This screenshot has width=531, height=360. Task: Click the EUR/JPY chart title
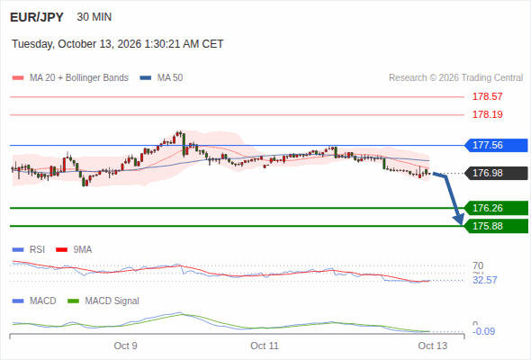pyautogui.click(x=37, y=17)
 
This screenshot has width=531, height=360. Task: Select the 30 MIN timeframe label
pyautogui.click(x=94, y=17)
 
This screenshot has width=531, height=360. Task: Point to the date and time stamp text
pyautogui.click(x=118, y=44)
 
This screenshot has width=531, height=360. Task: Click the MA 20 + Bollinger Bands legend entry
pyautogui.click(x=70, y=78)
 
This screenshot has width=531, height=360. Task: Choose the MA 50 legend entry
pyautogui.click(x=161, y=78)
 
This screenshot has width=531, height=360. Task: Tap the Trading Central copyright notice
pyautogui.click(x=455, y=78)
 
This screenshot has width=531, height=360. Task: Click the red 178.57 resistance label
pyautogui.click(x=487, y=96)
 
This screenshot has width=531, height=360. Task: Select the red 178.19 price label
pyautogui.click(x=487, y=114)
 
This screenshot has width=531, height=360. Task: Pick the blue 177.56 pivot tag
pyautogui.click(x=496, y=145)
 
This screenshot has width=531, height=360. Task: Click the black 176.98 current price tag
pyautogui.click(x=496, y=173)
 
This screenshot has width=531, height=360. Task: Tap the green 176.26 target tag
pyautogui.click(x=496, y=208)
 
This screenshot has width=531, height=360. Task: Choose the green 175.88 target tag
pyautogui.click(x=496, y=226)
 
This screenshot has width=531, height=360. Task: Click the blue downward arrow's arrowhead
pyautogui.click(x=460, y=220)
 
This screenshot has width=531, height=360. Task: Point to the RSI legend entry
pyautogui.click(x=29, y=249)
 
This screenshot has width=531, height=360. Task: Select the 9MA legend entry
pyautogui.click(x=74, y=249)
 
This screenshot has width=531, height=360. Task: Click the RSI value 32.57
pyautogui.click(x=485, y=280)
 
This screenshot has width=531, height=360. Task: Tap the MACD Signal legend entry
pyautogui.click(x=103, y=301)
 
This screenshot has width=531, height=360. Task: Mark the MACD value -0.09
pyautogui.click(x=483, y=331)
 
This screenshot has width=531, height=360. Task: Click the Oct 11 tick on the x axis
pyautogui.click(x=265, y=346)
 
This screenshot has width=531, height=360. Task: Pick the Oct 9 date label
pyautogui.click(x=125, y=346)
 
